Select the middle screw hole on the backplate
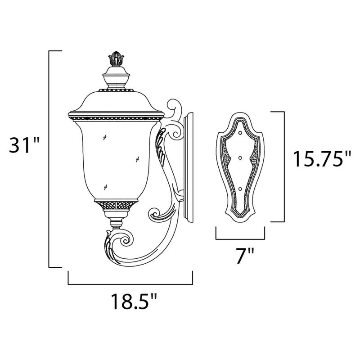point(240,157)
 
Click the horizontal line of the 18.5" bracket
point(130,284)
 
